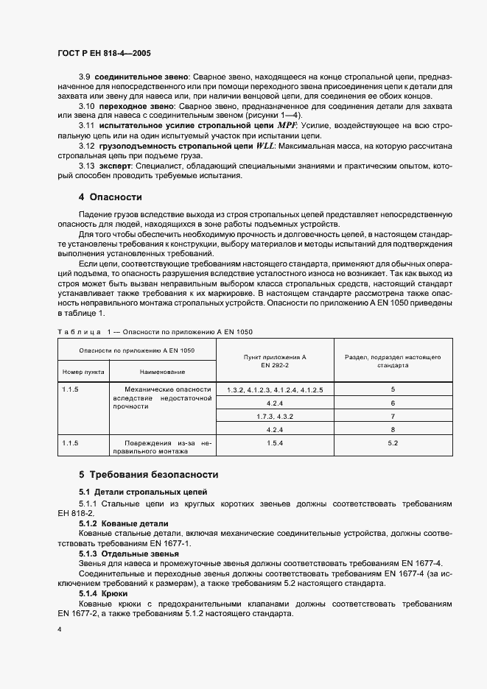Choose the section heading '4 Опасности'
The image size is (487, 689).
pos(110,197)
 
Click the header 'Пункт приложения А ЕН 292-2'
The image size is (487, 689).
pos(274,361)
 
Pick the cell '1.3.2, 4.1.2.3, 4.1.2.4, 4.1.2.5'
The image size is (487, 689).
pos(274,389)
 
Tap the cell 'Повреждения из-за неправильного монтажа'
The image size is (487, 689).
pos(162,448)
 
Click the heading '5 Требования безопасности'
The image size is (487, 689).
pos(148,475)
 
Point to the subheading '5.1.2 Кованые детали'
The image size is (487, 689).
pos(114,522)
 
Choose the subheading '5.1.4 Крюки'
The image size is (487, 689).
pos(104,593)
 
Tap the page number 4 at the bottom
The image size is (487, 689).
pos(58,630)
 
